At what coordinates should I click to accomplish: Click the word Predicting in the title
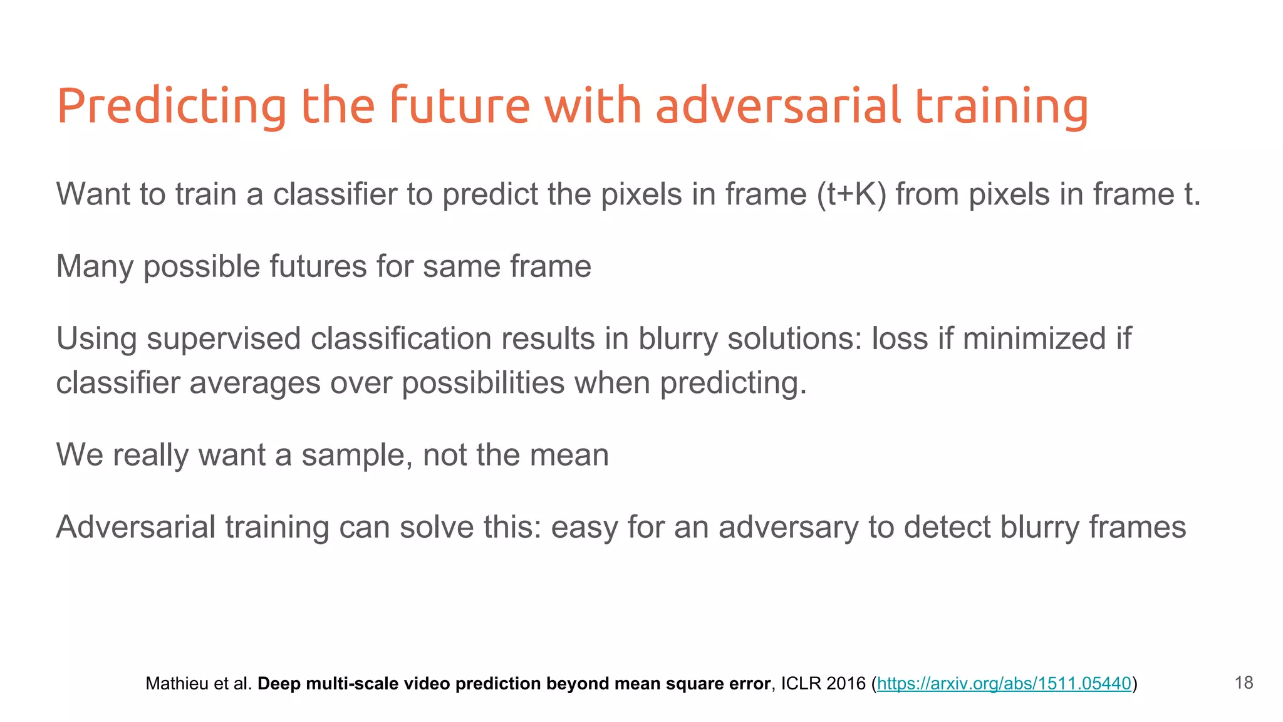pyautogui.click(x=171, y=107)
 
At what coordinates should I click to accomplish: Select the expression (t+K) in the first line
pyautogui.click(x=851, y=194)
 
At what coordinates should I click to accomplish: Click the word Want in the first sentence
pyautogui.click(x=93, y=194)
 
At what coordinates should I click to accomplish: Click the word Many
pyautogui.click(x=95, y=266)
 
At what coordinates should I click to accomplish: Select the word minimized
pyautogui.click(x=1034, y=339)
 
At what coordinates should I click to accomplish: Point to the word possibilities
pyautogui.click(x=483, y=382)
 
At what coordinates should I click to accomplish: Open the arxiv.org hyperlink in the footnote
pyautogui.click(x=1004, y=684)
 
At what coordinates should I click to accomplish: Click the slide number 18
pyautogui.click(x=1244, y=683)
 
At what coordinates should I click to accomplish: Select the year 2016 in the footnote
pyautogui.click(x=846, y=684)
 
